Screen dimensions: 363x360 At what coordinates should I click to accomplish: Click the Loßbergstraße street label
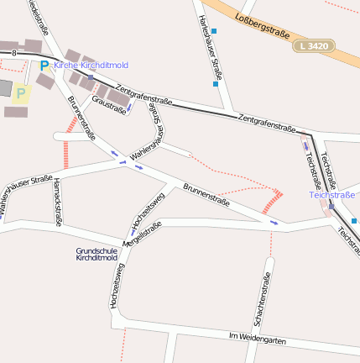click(x=262, y=25)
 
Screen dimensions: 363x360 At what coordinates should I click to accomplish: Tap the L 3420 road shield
click(x=314, y=45)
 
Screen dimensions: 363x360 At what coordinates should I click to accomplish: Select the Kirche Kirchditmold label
click(x=91, y=65)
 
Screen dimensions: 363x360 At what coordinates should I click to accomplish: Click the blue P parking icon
click(x=44, y=65)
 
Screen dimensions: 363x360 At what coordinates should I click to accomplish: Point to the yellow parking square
click(x=21, y=93)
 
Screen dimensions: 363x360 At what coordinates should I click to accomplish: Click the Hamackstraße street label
click(x=57, y=202)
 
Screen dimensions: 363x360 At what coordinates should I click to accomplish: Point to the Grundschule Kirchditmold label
click(x=97, y=254)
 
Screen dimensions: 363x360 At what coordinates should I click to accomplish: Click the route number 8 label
click(x=14, y=53)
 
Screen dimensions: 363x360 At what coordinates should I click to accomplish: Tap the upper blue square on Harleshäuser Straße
click(x=214, y=31)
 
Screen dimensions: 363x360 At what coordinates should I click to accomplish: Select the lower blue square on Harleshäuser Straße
click(x=215, y=83)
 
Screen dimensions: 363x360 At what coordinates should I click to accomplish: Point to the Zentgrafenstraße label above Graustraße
click(x=143, y=94)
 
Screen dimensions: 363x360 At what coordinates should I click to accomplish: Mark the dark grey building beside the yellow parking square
click(x=4, y=87)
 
